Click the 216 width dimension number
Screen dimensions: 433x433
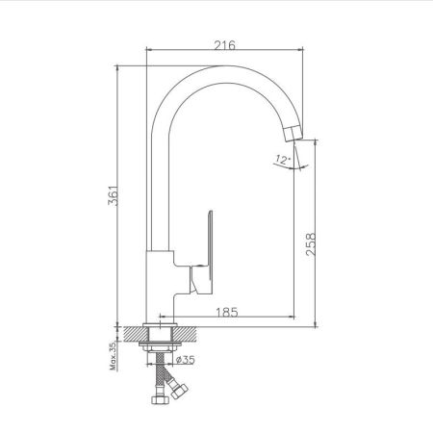pos(225,45)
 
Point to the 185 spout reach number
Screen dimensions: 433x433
pos(228,312)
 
